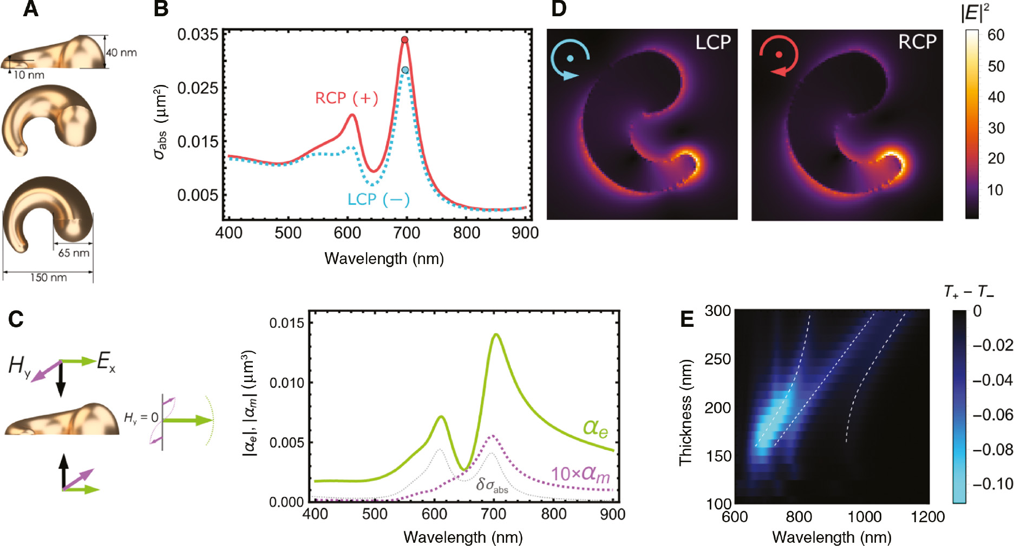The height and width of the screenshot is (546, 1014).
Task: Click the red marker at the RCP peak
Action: coord(404,40)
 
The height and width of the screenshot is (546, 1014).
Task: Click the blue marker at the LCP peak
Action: coord(405,70)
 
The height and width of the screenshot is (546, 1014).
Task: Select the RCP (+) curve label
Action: coord(346,98)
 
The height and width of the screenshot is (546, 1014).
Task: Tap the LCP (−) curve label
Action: coord(378,200)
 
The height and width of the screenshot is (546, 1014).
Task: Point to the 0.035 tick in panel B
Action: coord(198,35)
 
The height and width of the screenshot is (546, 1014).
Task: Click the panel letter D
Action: coord(559,9)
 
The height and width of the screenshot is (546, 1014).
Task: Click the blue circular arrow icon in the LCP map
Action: coord(570,59)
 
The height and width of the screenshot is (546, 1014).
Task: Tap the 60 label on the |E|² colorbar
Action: coord(996,35)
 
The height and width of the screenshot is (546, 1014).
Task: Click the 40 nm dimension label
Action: coord(121,53)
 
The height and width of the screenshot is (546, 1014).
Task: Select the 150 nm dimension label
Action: coord(48,278)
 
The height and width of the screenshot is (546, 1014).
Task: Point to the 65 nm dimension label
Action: coord(74,253)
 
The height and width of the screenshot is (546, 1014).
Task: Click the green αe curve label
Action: coord(595,428)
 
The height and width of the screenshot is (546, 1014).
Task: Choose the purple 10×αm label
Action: coord(580,474)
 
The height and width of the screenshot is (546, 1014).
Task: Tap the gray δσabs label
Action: coord(492,485)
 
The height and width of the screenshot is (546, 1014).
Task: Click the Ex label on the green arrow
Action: coord(106,361)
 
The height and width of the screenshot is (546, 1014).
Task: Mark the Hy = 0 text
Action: coord(141,418)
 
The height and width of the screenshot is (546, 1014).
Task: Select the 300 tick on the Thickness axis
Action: coord(718,311)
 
